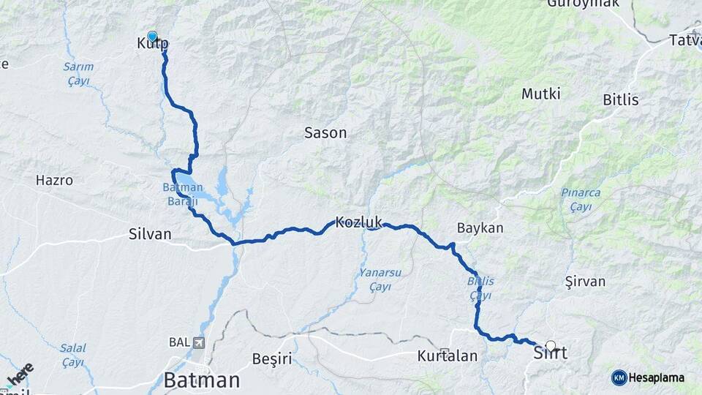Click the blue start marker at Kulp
(x=152, y=36)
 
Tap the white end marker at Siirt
(x=551, y=346)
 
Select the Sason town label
(x=325, y=133)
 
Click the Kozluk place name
(x=359, y=222)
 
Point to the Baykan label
(x=480, y=228)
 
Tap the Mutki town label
(x=541, y=94)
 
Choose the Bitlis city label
(x=621, y=100)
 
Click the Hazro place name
(x=54, y=180)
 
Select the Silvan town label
(x=149, y=234)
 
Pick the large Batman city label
(x=202, y=380)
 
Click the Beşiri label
(x=271, y=358)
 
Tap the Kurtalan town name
(x=448, y=357)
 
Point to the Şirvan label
(x=585, y=282)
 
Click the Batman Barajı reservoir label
(x=182, y=192)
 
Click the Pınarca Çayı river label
(x=581, y=198)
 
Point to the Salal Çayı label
(x=72, y=355)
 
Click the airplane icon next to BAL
(x=199, y=342)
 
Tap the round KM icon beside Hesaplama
(x=619, y=377)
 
